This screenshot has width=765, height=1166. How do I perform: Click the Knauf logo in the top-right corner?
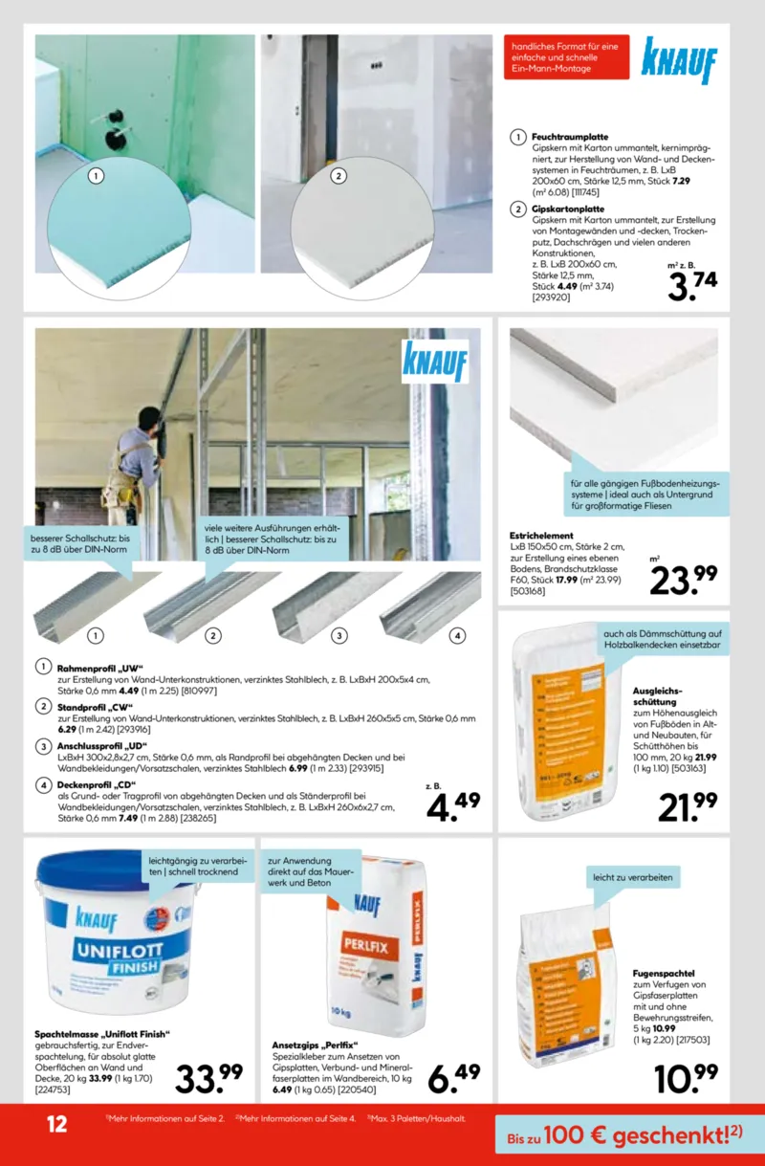(678, 60)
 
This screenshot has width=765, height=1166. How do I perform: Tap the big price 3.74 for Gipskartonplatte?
(691, 285)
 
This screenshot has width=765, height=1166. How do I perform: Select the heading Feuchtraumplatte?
(570, 137)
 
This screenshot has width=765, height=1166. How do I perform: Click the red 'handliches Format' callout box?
(560, 56)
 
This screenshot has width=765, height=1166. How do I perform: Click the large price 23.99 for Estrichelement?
(684, 578)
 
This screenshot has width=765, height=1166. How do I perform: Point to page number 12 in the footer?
(56, 1123)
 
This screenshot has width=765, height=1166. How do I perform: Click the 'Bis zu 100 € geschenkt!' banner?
(625, 1135)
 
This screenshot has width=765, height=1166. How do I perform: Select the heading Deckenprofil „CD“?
(95, 784)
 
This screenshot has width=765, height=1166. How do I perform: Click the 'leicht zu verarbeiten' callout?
(632, 878)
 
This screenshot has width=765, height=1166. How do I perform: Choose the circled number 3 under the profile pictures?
(339, 635)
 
